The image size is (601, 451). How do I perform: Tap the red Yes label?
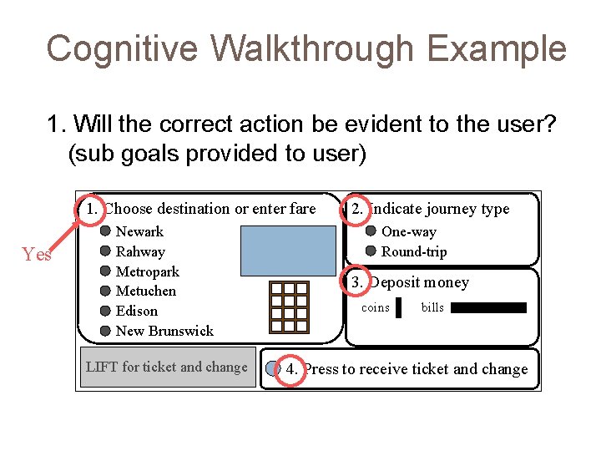click(x=37, y=255)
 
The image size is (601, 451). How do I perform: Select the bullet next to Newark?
click(x=105, y=231)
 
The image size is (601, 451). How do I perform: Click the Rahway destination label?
click(x=140, y=251)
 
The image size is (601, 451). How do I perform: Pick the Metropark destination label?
click(x=147, y=271)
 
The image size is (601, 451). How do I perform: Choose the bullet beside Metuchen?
click(x=105, y=291)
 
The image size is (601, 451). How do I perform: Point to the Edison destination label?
click(x=136, y=311)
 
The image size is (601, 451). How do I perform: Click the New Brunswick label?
click(x=164, y=331)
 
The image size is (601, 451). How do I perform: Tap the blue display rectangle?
click(x=287, y=251)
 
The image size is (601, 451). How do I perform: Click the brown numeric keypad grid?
click(x=289, y=307)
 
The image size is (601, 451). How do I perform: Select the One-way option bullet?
click(x=371, y=231)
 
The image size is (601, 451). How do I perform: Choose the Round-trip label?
click(x=414, y=251)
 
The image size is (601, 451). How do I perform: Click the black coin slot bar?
click(x=398, y=308)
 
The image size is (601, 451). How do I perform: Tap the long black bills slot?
click(x=488, y=308)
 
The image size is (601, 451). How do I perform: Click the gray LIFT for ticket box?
click(x=168, y=367)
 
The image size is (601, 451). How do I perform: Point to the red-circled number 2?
click(x=356, y=208)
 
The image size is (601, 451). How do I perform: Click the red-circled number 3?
click(x=356, y=282)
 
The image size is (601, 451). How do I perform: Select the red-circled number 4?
click(x=291, y=368)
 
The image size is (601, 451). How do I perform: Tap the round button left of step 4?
click(x=272, y=368)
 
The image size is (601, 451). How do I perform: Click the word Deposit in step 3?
click(x=395, y=282)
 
